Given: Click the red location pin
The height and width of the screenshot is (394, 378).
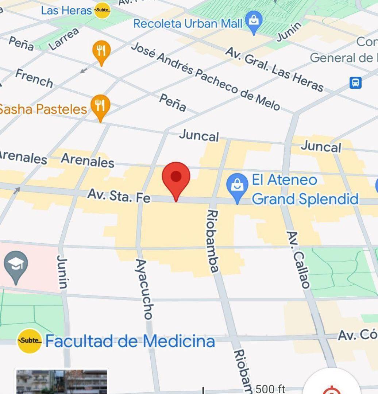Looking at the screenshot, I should pos(176,178).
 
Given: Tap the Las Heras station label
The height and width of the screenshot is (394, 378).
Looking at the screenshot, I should pos(66,10).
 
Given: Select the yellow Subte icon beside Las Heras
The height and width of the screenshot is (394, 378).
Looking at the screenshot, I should pos(102,10).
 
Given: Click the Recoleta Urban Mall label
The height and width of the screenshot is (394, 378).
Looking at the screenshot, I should pos(188,24).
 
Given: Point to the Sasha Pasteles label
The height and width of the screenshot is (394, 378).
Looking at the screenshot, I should pos(43,109).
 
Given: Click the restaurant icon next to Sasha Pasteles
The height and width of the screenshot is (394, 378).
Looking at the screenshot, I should pos(100,106).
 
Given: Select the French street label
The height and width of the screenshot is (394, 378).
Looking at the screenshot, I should pos(34,78).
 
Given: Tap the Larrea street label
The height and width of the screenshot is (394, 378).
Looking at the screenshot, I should pos(64,39).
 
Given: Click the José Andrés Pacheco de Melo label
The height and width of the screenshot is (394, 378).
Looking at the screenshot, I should pos(205,76).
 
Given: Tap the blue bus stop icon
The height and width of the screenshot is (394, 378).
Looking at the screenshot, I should pos(355,82).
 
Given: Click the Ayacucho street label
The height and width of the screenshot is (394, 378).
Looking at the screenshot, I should pos(144,289).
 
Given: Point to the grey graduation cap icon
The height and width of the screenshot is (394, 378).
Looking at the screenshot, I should pos(16,265).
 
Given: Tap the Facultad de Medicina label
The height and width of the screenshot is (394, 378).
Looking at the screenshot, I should pos(130,341).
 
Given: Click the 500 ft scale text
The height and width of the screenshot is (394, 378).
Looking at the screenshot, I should pos(270,389).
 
